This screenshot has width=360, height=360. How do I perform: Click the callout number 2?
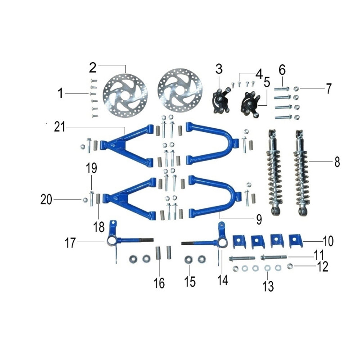point(93,68)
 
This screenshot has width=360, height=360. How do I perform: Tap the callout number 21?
point(59,127)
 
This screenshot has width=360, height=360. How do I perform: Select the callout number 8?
point(337,162)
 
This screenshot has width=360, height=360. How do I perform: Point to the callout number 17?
point(70,243)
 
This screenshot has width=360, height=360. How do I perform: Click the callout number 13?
point(268,286)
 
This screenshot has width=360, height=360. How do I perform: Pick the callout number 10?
point(328,241)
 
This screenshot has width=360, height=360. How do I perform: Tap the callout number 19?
point(91,168)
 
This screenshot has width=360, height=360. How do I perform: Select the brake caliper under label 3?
point(220,101)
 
